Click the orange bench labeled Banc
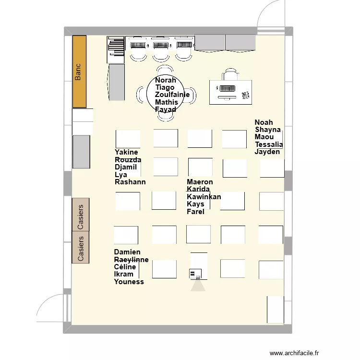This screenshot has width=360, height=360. pos(79,72)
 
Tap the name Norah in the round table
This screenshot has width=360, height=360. pos(166,81)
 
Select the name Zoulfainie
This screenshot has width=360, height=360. pos(172,95)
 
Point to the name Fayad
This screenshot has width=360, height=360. pos(166,109)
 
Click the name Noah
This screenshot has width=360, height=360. pos(264,122)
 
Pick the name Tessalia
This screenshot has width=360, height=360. pos(269,144)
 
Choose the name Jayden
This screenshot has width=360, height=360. pos(267,152)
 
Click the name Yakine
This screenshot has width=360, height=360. pos(126,153)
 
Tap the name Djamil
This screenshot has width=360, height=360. pos(126,167)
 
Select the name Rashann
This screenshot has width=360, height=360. pos(130,182)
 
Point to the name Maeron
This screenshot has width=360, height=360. pos(200,182)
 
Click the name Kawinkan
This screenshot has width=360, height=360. pos(204,197)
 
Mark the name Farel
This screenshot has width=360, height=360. pos(195,211)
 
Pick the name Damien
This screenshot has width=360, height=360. pos(127,252)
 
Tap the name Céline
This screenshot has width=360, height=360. pos(125,267)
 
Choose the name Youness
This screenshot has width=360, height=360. pos(129,282)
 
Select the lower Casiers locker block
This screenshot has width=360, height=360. pos(81,247)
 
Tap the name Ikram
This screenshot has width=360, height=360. pos(123,274)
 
